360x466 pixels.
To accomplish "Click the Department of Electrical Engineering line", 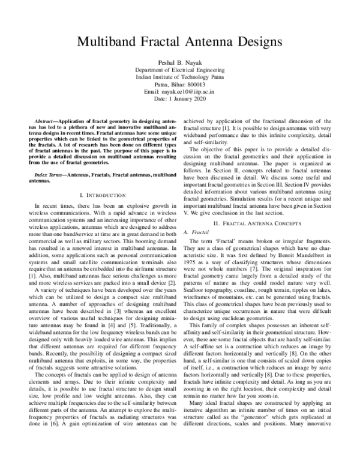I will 180,70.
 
